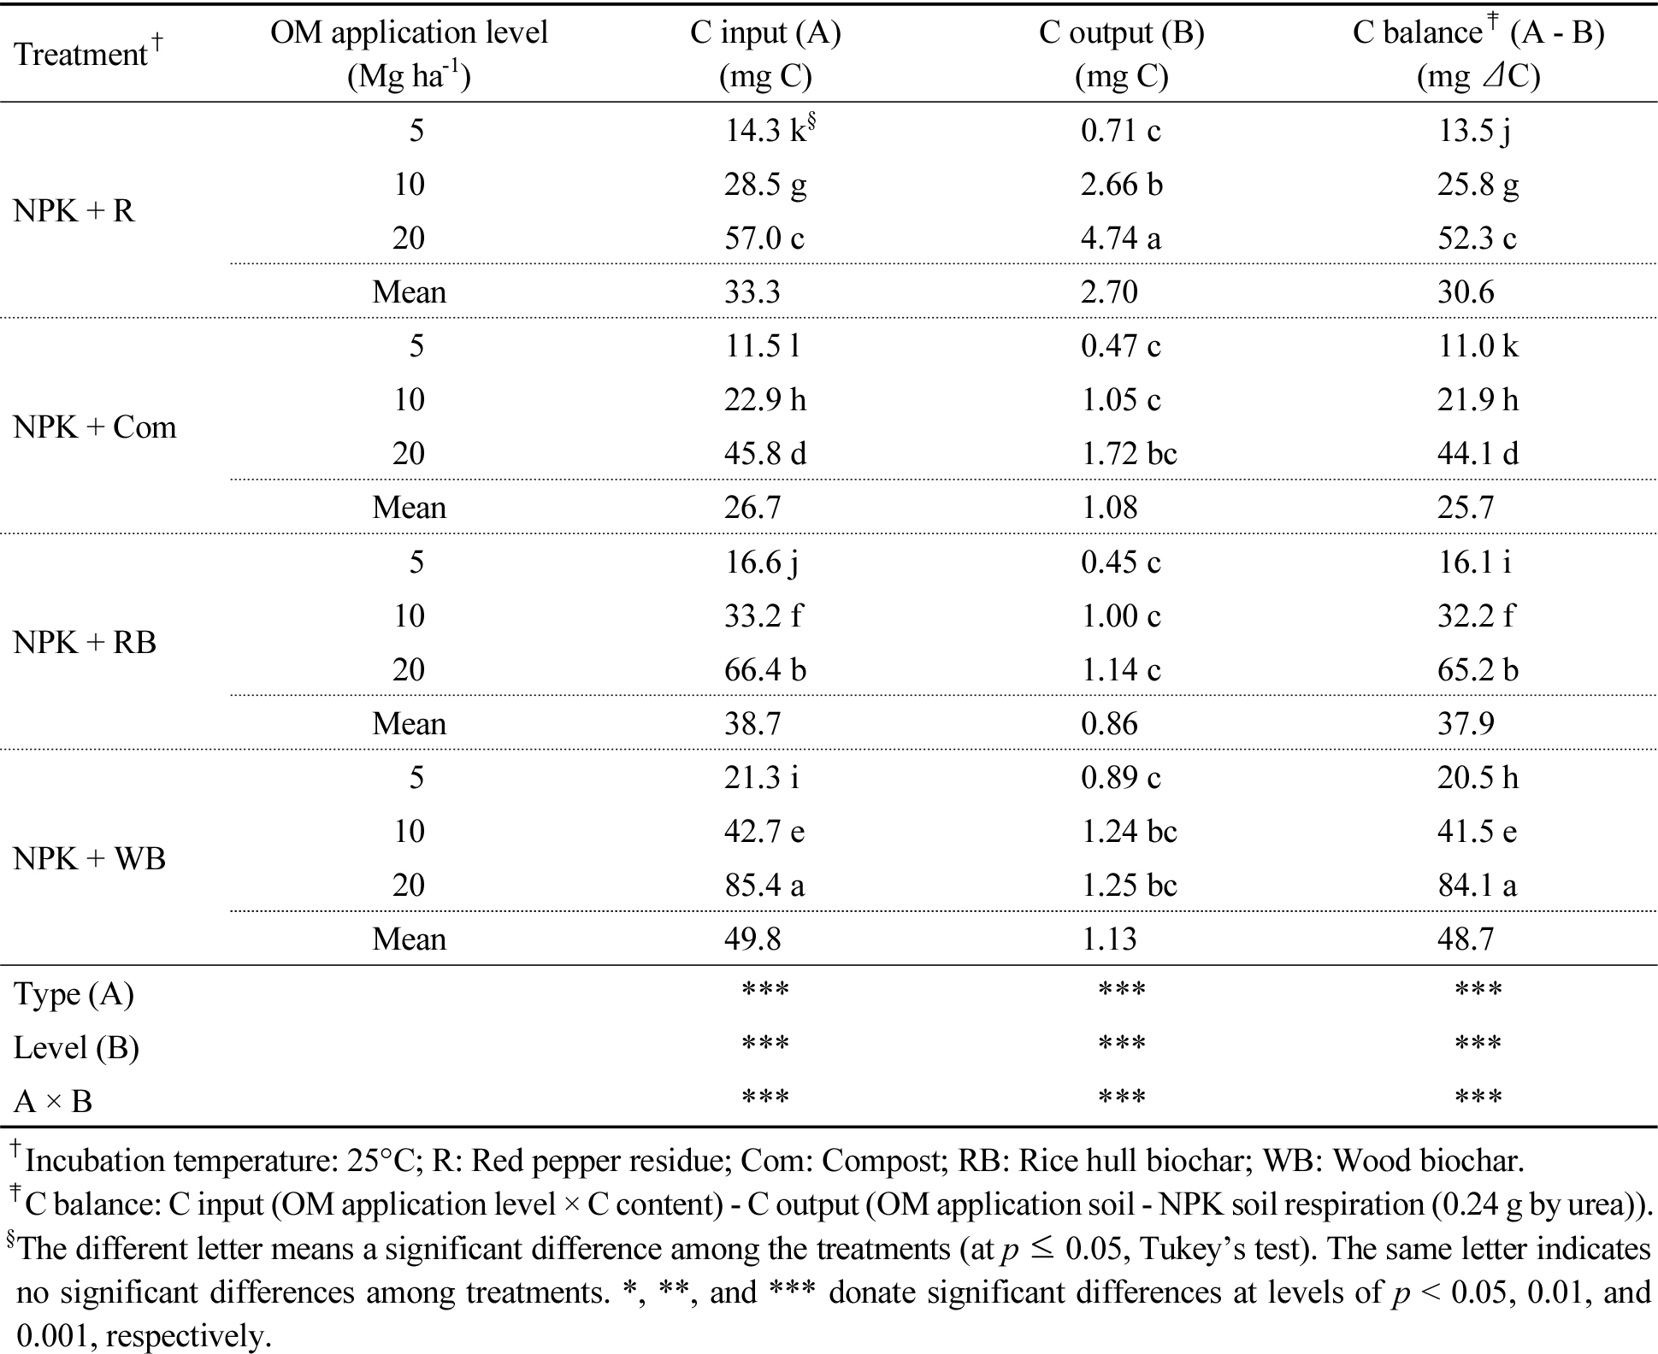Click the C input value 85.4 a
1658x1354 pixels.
[x=764, y=885]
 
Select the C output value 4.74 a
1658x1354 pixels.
[x=1120, y=238]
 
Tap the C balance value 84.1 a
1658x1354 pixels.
[x=1477, y=885]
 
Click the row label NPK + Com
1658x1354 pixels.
[x=95, y=427]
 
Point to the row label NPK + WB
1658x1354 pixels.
[x=90, y=858]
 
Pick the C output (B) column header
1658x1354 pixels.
[x=1121, y=55]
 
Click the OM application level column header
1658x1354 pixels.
[x=409, y=55]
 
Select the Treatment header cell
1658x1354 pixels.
[x=88, y=53]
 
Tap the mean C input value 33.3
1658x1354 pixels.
[x=752, y=292]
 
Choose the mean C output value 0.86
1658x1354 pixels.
[x=1109, y=724]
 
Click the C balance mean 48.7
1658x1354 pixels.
[x=1466, y=939]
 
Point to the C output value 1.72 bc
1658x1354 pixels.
[x=1129, y=453]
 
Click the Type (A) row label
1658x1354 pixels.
[x=74, y=994]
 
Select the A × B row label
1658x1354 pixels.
[x=53, y=1102]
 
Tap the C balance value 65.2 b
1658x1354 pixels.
[x=1478, y=669]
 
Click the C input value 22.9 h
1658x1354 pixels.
[x=765, y=399]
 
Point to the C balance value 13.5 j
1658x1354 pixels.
[x=1474, y=130]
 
